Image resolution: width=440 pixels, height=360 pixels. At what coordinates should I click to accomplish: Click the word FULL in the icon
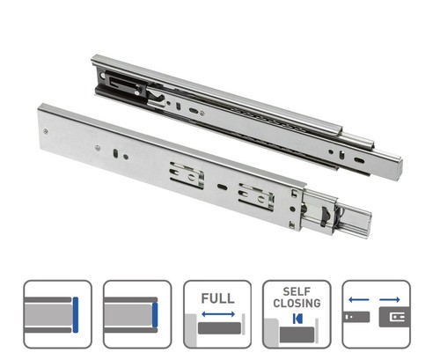tap(217, 298)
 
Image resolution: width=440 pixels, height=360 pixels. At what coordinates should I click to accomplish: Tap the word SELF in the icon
tap(297, 291)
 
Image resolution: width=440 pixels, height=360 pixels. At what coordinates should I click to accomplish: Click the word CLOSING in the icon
tap(297, 303)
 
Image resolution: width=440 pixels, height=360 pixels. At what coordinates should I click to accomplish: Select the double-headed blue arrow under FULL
tap(218, 314)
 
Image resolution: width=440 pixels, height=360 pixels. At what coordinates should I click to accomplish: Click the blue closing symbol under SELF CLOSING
tap(297, 319)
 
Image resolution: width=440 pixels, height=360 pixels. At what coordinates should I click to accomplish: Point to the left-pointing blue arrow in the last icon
tap(359, 300)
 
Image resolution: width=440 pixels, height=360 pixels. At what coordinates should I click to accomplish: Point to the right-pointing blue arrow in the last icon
tap(390, 300)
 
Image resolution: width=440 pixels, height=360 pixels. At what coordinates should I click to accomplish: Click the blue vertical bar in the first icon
tap(76, 315)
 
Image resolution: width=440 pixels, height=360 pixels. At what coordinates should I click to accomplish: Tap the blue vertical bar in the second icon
tap(155, 315)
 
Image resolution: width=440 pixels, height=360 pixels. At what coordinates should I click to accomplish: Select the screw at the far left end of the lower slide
tap(46, 131)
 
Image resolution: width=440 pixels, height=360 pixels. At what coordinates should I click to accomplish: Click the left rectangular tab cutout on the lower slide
tap(187, 175)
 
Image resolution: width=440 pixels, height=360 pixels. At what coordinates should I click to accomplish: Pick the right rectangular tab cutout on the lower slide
tap(257, 196)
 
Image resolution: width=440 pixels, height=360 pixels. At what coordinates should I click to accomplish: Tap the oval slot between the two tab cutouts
tap(222, 187)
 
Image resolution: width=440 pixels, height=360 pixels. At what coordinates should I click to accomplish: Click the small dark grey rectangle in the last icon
tap(356, 317)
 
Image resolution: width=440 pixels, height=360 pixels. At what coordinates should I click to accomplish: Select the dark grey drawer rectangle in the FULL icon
tap(219, 328)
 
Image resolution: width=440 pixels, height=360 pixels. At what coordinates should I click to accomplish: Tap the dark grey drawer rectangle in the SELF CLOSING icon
tap(297, 334)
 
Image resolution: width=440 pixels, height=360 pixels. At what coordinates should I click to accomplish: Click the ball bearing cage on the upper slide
tap(264, 118)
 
